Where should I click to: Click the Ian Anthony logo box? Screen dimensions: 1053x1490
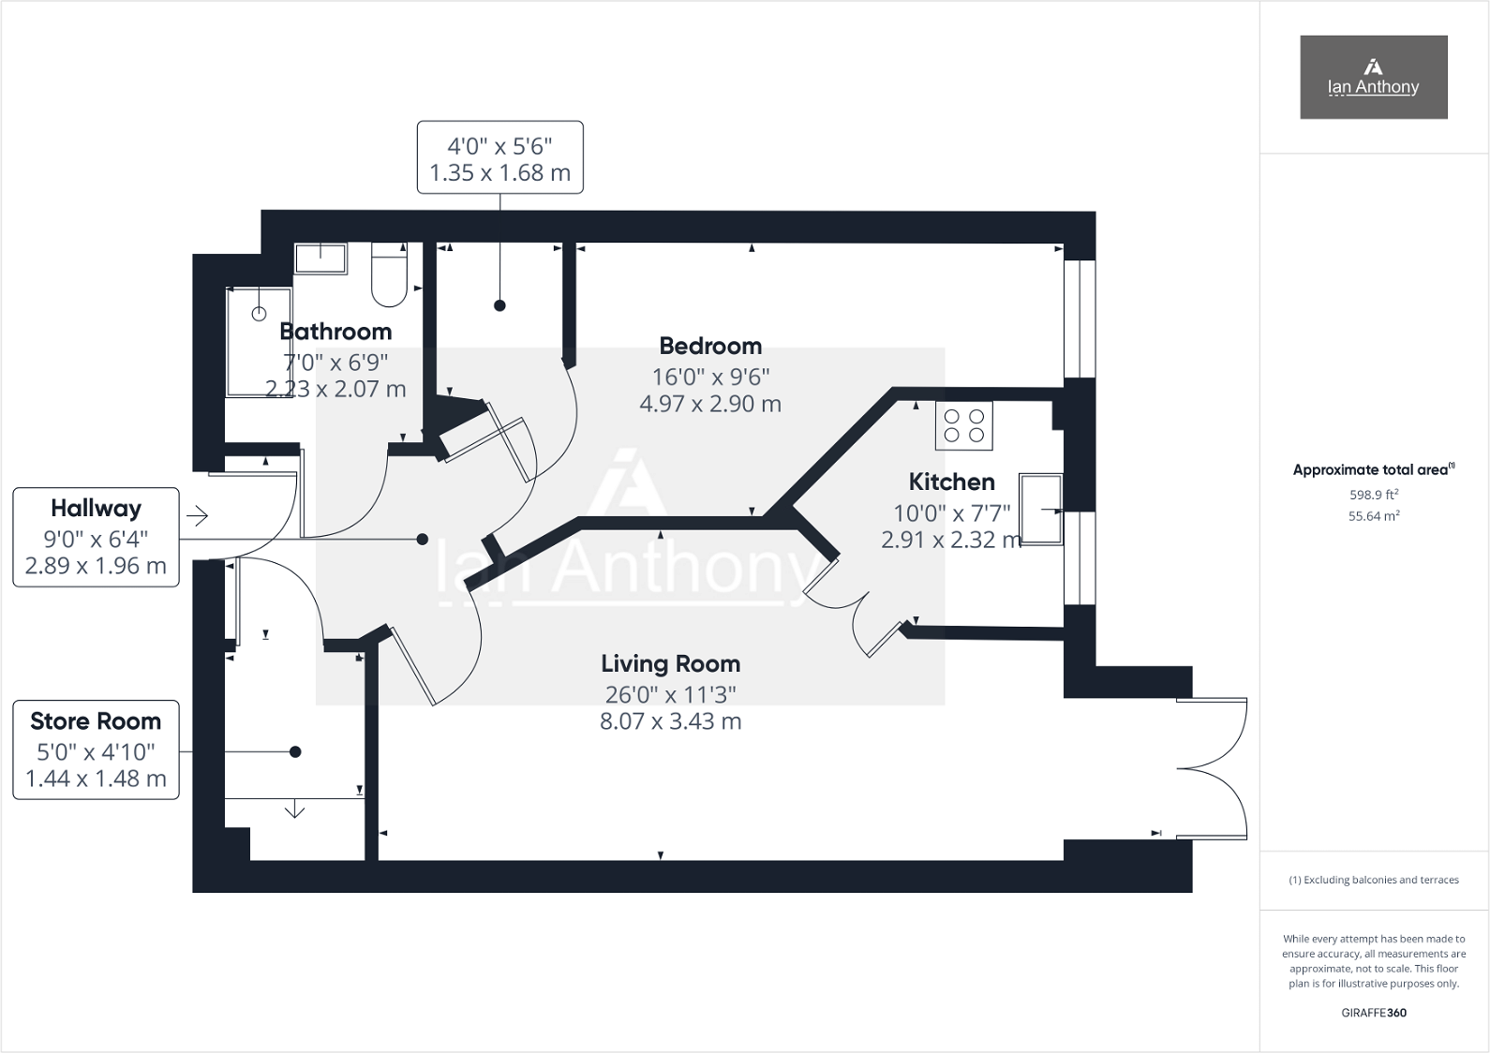click(x=1373, y=77)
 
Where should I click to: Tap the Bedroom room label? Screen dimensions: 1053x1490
click(x=710, y=347)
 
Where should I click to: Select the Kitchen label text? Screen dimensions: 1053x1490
click(x=951, y=482)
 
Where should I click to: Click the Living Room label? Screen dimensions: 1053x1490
click(x=670, y=664)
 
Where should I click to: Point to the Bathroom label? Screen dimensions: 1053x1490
click(x=335, y=332)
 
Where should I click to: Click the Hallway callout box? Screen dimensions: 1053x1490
click(x=96, y=537)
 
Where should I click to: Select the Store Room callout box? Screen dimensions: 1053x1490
click(x=96, y=749)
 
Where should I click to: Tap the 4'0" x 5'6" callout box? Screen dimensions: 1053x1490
click(x=499, y=157)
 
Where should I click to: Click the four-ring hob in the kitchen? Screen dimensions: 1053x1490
click(x=964, y=425)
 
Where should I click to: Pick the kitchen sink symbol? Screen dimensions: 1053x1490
click(x=1041, y=510)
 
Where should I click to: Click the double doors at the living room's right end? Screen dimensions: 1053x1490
click(x=1214, y=767)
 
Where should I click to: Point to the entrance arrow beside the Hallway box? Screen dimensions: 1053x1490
click(x=197, y=515)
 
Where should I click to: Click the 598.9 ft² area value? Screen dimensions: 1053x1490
click(x=1373, y=495)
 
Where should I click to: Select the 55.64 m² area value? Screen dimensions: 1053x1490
click(x=1373, y=516)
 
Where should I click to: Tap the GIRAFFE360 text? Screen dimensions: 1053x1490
click(x=1374, y=1013)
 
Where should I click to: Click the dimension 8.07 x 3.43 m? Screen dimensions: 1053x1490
click(x=670, y=721)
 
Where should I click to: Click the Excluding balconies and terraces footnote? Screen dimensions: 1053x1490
click(x=1374, y=880)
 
